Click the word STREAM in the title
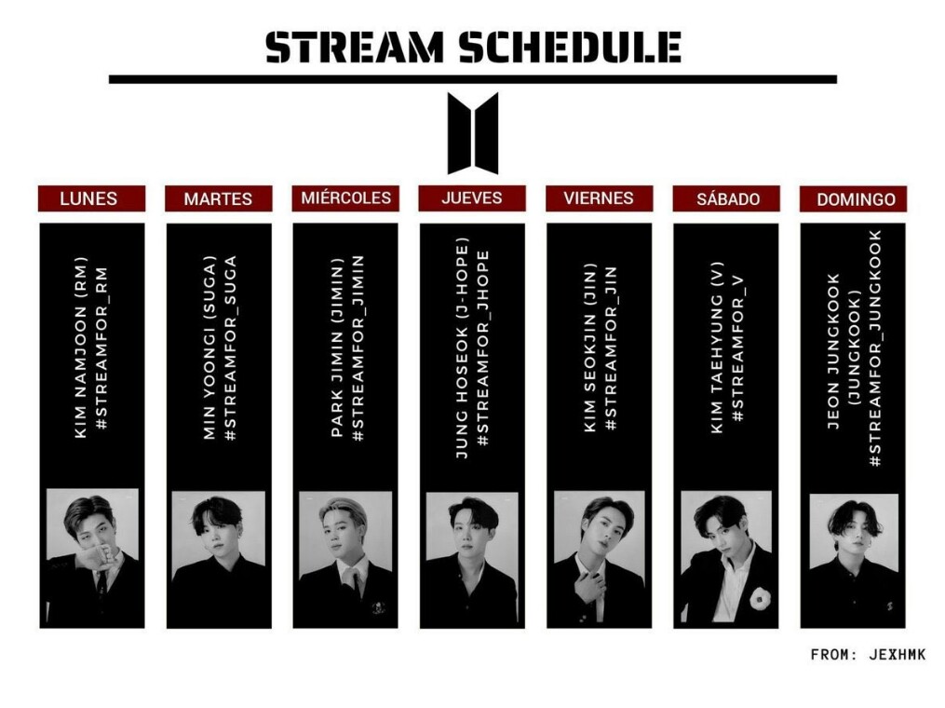coord(355,48)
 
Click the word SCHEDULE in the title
coord(570,48)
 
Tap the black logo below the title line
coord(473,132)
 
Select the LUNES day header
coord(91,198)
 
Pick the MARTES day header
coord(218,199)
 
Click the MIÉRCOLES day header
coord(345,198)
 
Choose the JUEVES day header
coord(472,198)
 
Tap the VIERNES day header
coord(599,198)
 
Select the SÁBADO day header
coord(726,199)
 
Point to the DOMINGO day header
coord(853,199)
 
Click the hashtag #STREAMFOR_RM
coord(101,348)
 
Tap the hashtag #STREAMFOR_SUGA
coord(230,348)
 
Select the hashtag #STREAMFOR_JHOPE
coord(483,348)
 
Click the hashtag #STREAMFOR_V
coord(737,348)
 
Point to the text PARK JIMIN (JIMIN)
coord(337,347)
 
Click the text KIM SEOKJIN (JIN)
coord(590,347)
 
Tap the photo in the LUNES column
coord(92,557)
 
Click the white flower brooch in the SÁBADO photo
coord(760,598)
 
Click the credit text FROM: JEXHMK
coord(868,655)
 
